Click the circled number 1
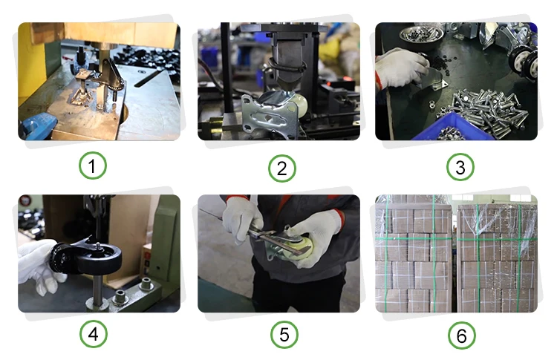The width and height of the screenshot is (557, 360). pyautogui.click(x=92, y=166)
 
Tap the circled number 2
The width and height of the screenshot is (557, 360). pyautogui.click(x=281, y=168)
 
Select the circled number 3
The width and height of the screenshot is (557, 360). pyautogui.click(x=460, y=167)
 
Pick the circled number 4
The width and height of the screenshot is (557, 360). pyautogui.click(x=93, y=334)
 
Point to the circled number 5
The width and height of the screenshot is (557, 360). pyautogui.click(x=284, y=335)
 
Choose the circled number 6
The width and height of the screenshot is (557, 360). pyautogui.click(x=461, y=336)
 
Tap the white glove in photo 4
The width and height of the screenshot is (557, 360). pyautogui.click(x=37, y=264)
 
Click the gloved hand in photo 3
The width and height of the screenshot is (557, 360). pyautogui.click(x=401, y=68)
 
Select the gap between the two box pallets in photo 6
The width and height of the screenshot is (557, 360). pyautogui.click(x=455, y=255)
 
